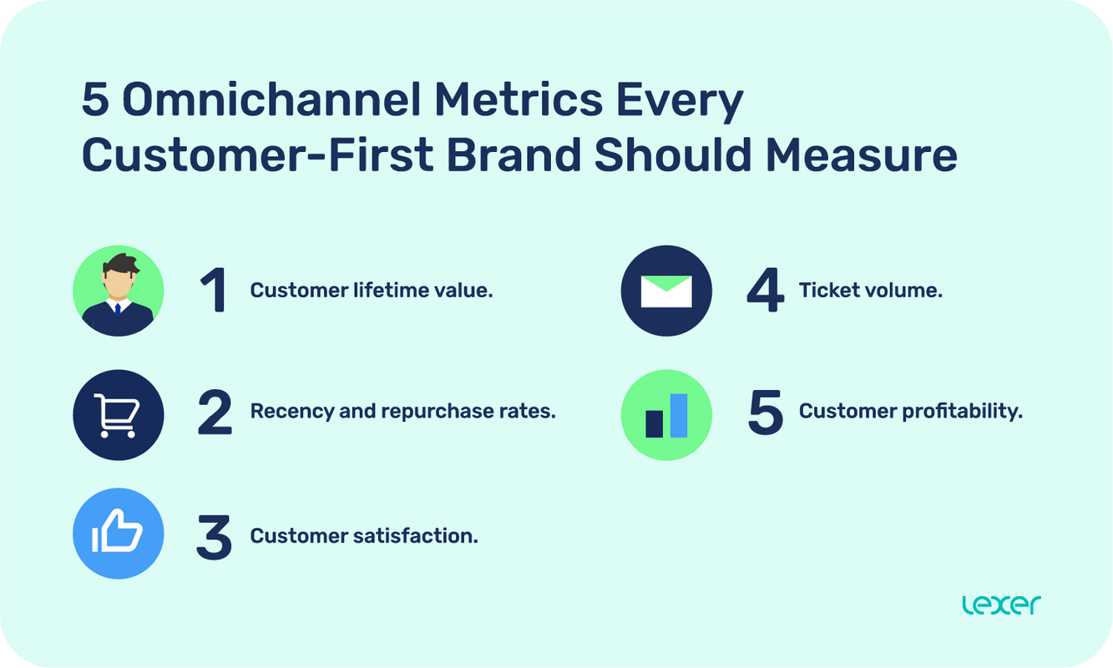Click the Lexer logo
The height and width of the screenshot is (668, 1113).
coord(1001,605)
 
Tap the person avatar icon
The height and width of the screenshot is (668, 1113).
coord(119,291)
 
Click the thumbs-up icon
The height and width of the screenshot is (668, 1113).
coord(119,534)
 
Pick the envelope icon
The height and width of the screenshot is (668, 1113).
coord(666,291)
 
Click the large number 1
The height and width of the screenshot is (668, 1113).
coord(215,291)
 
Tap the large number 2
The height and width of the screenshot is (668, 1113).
coord(215,413)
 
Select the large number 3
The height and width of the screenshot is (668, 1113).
coord(215,536)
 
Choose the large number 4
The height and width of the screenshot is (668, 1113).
coord(765,291)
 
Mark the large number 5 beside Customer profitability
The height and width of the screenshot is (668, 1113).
coord(765,413)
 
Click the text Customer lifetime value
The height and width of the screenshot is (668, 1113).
coord(372,291)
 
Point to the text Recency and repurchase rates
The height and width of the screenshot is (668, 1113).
coord(402,412)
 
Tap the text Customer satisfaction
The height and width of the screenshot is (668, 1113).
coord(364,536)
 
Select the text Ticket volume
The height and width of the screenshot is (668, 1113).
coord(870,291)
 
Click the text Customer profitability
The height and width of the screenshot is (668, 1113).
coord(910,412)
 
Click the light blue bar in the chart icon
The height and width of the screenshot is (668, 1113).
coord(679,415)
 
